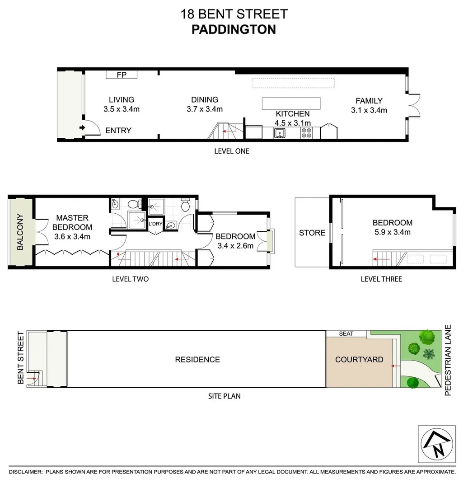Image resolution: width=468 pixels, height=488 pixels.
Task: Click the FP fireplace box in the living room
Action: (x=122, y=75)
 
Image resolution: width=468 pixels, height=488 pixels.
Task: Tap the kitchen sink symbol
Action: (x=280, y=133)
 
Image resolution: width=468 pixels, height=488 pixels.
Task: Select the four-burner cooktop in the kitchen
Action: (x=307, y=133)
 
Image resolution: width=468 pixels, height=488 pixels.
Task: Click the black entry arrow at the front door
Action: (x=82, y=128)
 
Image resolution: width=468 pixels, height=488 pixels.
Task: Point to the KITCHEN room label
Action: (x=292, y=114)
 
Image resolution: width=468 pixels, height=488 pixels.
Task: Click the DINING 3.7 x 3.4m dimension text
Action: (x=204, y=109)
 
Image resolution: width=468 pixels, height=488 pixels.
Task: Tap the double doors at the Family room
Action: (x=414, y=105)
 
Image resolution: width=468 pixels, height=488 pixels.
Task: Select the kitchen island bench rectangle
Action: (x=291, y=103)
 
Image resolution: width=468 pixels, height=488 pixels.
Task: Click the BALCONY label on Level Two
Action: (x=20, y=232)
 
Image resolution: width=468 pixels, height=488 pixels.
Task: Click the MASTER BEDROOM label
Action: (x=72, y=222)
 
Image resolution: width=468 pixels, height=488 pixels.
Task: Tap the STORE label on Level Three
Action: (x=312, y=233)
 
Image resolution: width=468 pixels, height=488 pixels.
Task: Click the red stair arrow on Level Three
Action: (x=381, y=259)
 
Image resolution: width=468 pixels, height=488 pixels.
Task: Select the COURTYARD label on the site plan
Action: (x=359, y=360)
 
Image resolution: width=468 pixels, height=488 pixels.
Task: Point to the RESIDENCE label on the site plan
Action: (x=197, y=360)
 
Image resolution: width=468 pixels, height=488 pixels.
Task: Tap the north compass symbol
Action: (x=436, y=444)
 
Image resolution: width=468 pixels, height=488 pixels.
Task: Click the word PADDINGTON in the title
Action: (x=234, y=29)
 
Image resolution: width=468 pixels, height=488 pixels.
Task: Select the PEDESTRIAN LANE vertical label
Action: (x=448, y=360)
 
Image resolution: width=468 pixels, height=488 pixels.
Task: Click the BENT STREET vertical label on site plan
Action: (x=20, y=358)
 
